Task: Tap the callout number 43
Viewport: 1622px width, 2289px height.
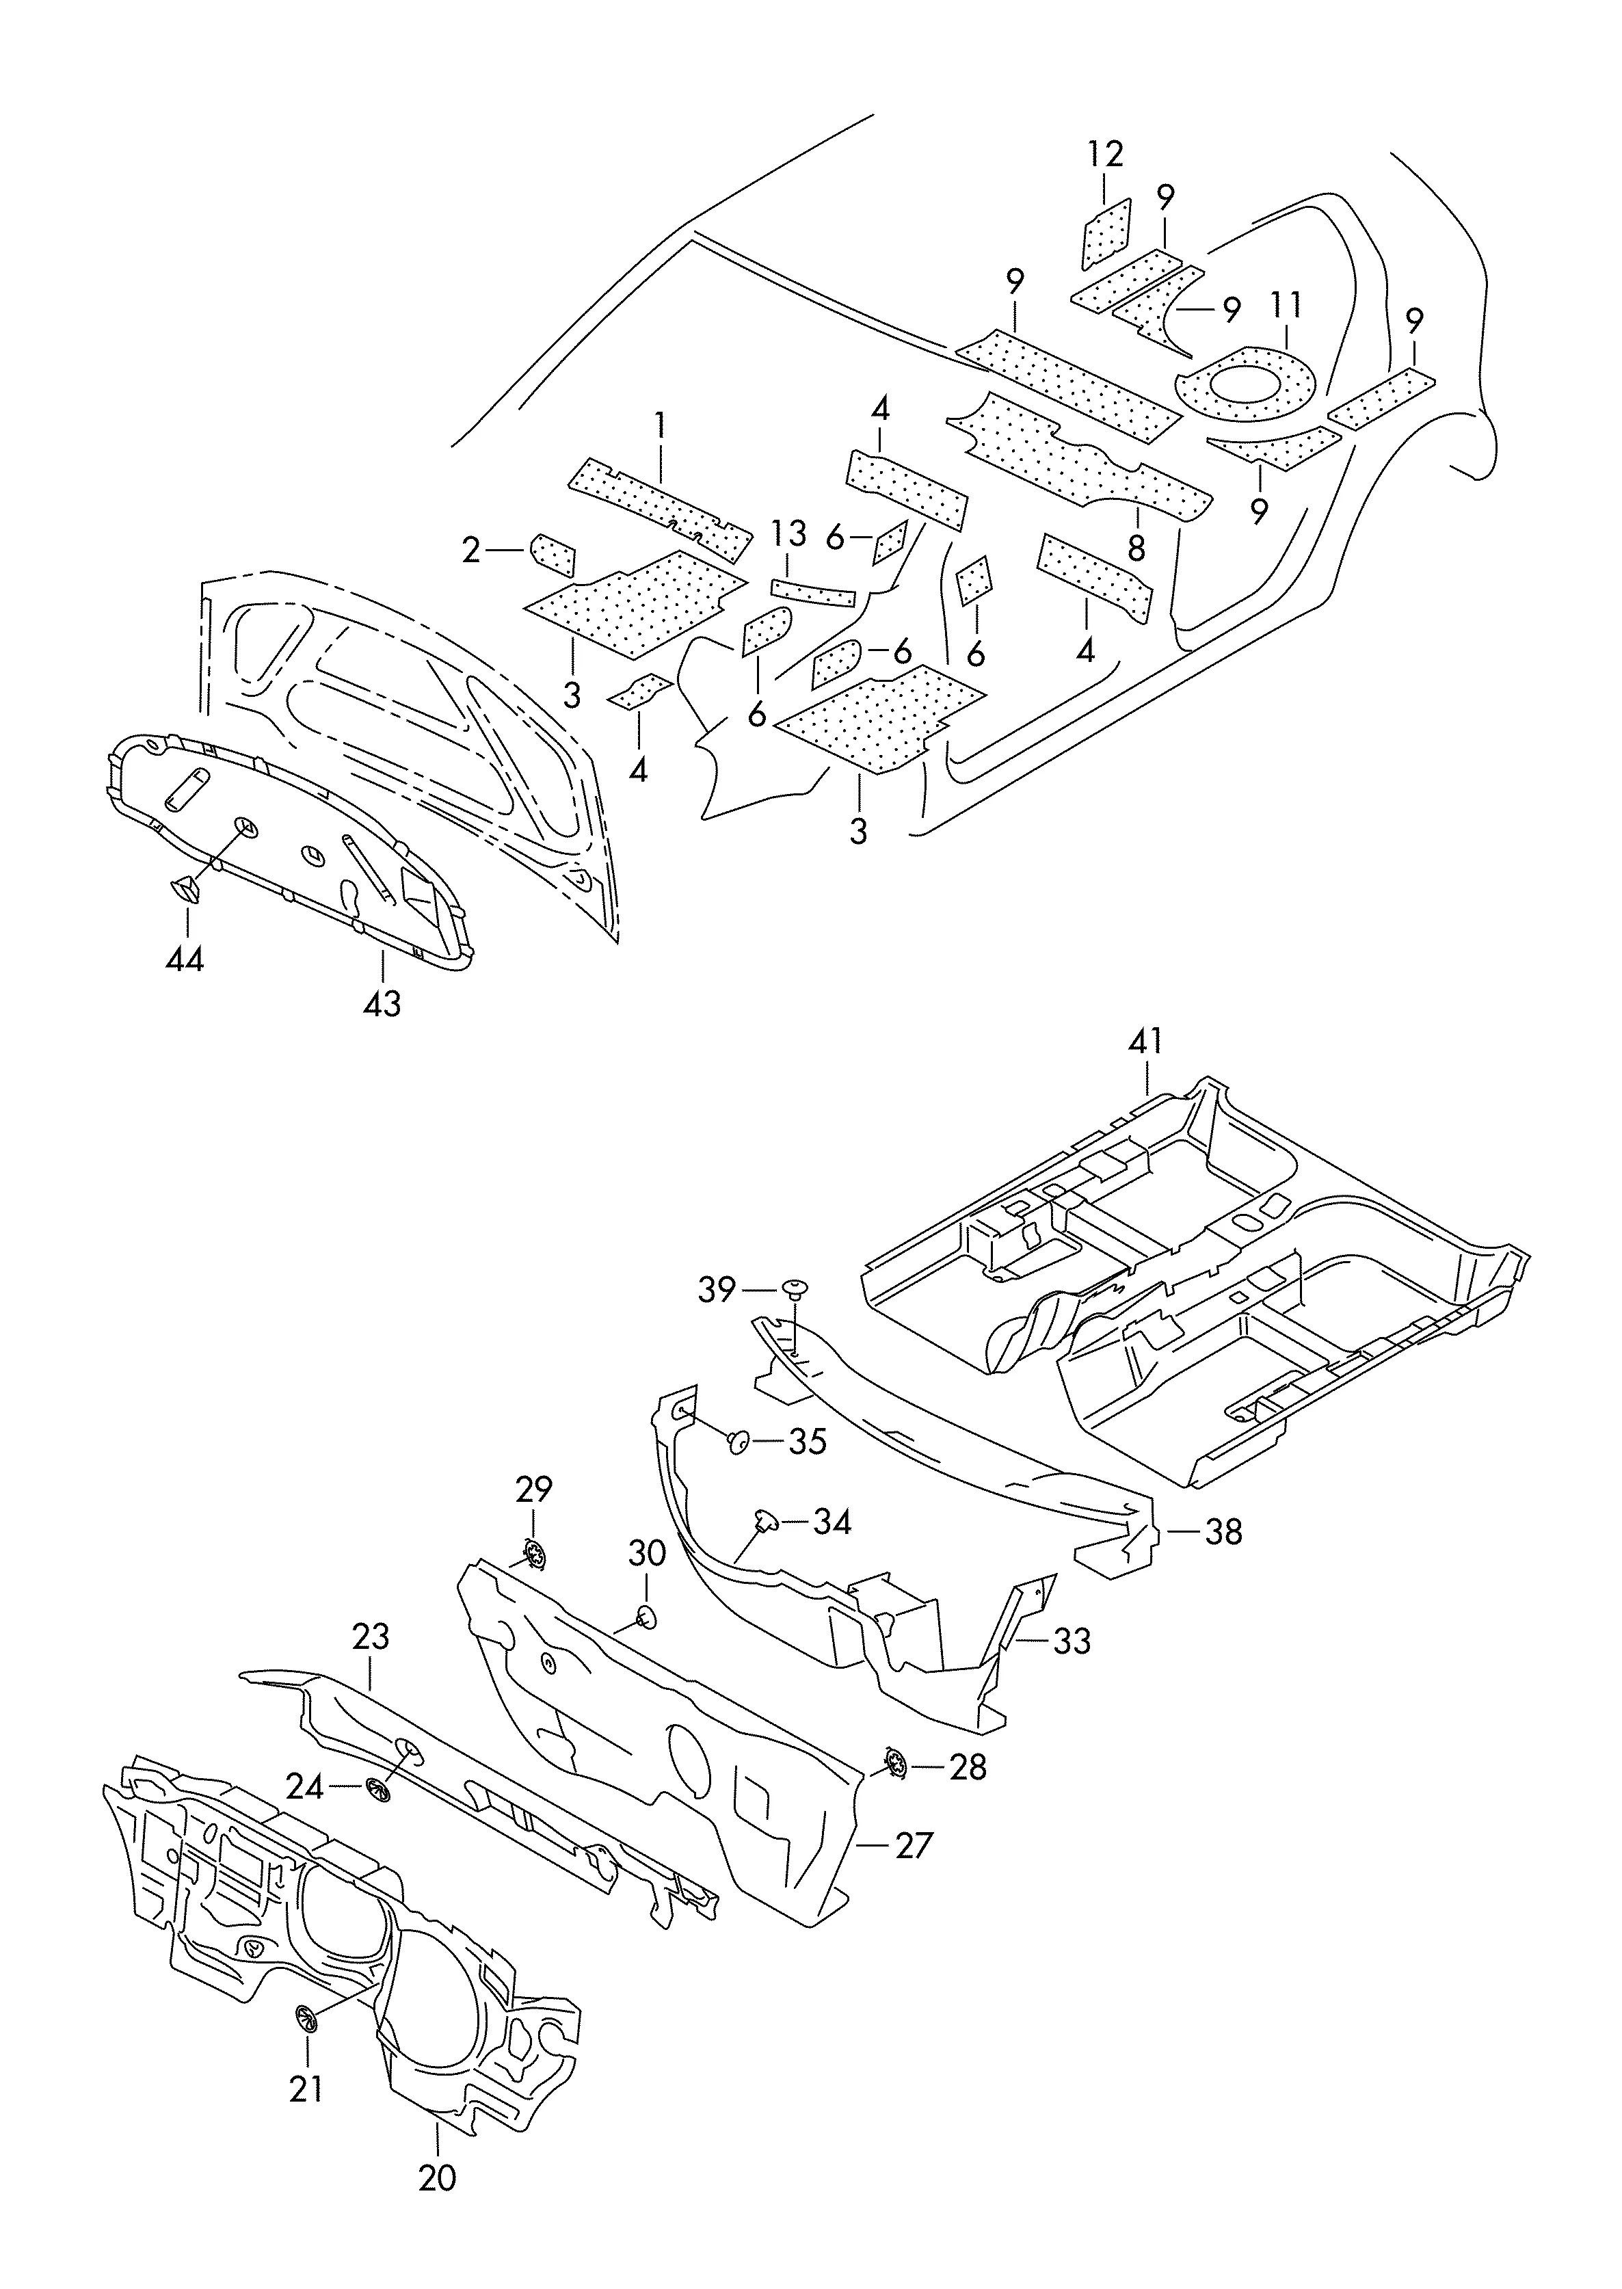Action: [382, 1003]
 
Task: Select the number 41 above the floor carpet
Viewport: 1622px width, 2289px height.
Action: [1145, 1042]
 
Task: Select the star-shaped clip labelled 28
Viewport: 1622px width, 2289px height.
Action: [896, 1764]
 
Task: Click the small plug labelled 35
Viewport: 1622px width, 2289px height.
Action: [740, 1440]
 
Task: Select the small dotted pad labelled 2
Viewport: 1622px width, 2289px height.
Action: [553, 554]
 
